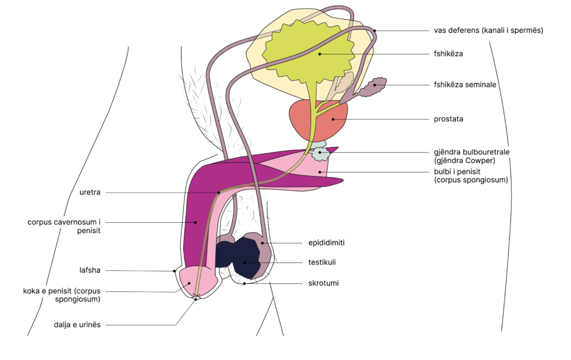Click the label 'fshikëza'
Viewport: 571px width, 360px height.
pyautogui.click(x=448, y=54)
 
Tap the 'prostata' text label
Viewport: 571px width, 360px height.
pyautogui.click(x=448, y=119)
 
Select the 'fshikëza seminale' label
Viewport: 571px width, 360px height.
pyautogui.click(x=465, y=85)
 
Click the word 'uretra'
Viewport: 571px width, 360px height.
pyautogui.click(x=90, y=193)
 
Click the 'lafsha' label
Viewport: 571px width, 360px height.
pyautogui.click(x=90, y=271)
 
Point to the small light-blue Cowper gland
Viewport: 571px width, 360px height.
pyautogui.click(x=320, y=154)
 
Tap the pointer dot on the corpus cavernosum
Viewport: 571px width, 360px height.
pyautogui.click(x=195, y=222)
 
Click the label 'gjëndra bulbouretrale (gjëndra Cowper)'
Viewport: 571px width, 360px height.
pyautogui.click(x=471, y=157)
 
